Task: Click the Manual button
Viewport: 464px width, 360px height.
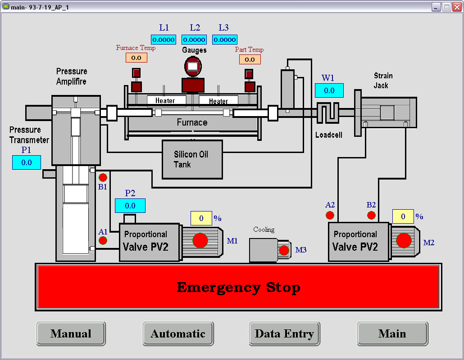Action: (x=71, y=333)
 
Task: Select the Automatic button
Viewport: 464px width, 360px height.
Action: (x=178, y=333)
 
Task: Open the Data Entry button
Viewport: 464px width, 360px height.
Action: (x=284, y=333)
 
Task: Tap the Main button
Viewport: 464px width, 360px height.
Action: (x=392, y=333)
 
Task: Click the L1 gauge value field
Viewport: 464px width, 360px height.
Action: (x=164, y=40)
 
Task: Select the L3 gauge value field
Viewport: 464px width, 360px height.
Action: (x=224, y=40)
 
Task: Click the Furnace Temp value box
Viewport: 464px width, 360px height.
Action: (x=136, y=58)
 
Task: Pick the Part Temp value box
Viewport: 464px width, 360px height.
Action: (x=250, y=59)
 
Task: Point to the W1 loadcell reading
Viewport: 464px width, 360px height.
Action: (x=329, y=90)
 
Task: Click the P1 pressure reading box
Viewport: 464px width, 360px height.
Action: (x=27, y=162)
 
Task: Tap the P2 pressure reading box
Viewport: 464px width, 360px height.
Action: (x=130, y=206)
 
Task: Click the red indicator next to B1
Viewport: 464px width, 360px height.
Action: (x=103, y=177)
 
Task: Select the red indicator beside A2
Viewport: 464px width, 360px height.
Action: (x=330, y=215)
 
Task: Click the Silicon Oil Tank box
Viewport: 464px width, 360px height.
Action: (x=192, y=159)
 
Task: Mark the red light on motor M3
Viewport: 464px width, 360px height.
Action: (x=284, y=251)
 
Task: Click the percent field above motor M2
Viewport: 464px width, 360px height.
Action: (x=403, y=217)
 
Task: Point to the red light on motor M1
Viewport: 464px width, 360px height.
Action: (x=200, y=241)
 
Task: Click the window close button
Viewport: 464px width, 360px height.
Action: (x=456, y=7)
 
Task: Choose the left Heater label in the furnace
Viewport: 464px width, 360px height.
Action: (x=165, y=101)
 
